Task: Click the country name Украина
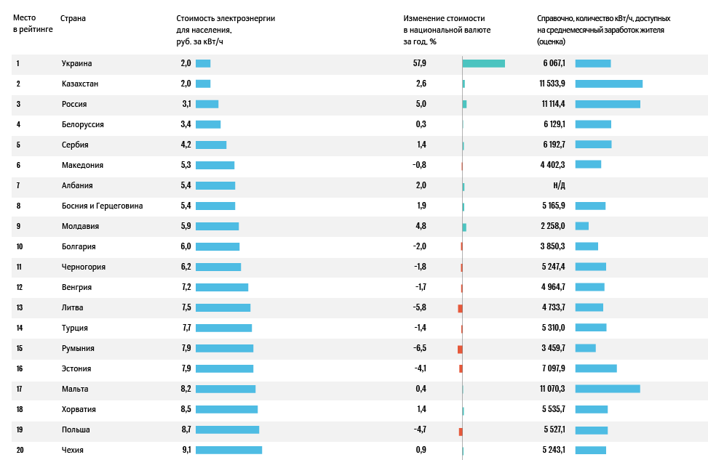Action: click(x=76, y=63)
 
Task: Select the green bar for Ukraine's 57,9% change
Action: click(x=483, y=63)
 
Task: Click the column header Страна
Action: click(x=73, y=18)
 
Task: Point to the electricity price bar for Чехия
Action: click(x=228, y=450)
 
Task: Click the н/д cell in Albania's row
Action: click(x=560, y=185)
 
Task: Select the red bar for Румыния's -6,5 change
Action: click(x=460, y=349)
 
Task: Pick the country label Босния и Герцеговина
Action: click(x=102, y=206)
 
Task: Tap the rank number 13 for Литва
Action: click(x=20, y=307)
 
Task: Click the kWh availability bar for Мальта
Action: click(x=608, y=389)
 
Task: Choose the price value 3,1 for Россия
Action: click(x=186, y=104)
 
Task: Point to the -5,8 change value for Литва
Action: click(x=419, y=307)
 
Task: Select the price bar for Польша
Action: click(x=227, y=429)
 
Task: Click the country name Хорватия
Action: click(x=79, y=409)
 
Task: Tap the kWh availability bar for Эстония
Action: click(x=596, y=368)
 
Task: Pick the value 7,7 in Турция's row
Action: click(x=186, y=328)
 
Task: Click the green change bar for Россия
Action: click(x=464, y=104)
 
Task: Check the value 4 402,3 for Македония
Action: click(x=553, y=165)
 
